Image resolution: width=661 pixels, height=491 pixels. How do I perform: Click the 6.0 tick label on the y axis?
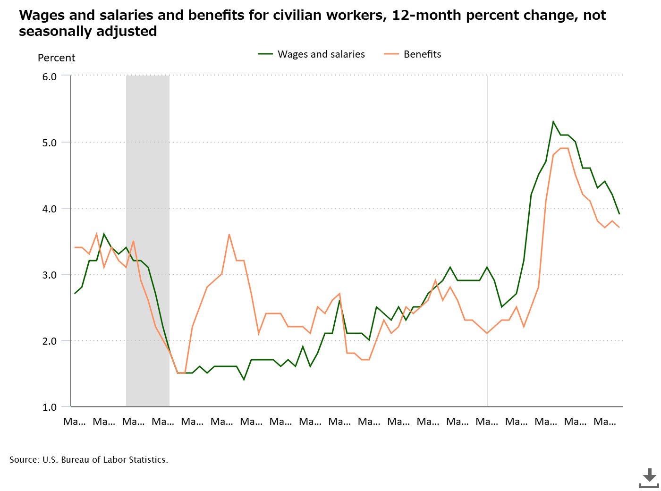[49, 76]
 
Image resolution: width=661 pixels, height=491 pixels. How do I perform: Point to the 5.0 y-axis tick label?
[49, 143]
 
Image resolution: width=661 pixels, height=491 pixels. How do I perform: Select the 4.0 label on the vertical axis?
[49, 209]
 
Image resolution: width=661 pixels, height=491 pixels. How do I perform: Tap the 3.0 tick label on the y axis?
[49, 275]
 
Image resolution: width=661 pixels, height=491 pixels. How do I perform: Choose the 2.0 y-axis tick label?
[49, 341]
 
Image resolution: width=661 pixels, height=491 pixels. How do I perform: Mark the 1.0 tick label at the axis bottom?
[49, 407]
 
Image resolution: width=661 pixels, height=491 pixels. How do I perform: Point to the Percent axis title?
[56, 58]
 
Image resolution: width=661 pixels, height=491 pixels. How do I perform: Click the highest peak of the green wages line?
[553, 122]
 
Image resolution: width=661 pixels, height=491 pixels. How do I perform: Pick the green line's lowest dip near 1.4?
[244, 380]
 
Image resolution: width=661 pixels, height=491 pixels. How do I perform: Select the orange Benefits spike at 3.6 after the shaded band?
[229, 235]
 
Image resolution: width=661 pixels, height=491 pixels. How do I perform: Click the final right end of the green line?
[619, 214]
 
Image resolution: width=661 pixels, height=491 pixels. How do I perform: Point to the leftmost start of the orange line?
[75, 247]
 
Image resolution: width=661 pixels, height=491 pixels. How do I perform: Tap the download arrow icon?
[649, 478]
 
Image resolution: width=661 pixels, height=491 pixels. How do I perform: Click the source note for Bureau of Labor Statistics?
[89, 460]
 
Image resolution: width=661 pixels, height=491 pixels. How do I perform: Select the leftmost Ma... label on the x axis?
[75, 422]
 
